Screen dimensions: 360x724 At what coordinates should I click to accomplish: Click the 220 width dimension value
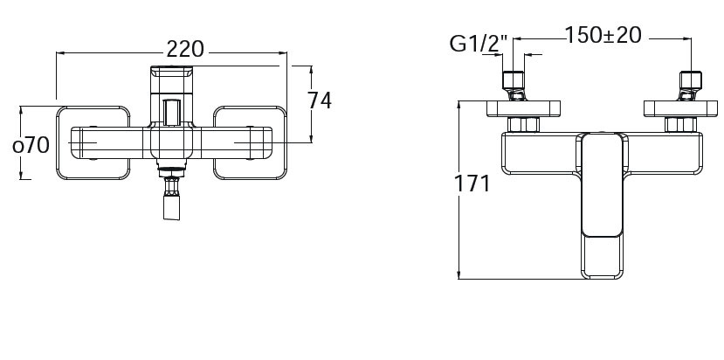point(185,49)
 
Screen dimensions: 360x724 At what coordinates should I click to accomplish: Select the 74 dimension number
point(320,100)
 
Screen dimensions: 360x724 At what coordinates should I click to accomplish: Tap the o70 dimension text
point(31,144)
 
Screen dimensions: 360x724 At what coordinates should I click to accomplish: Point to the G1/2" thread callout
point(479,41)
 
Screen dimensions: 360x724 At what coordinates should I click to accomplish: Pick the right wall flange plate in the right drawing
point(681,108)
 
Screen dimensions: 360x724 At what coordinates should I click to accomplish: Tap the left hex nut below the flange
point(523,124)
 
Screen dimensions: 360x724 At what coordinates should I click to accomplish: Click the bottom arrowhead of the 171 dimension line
point(459,276)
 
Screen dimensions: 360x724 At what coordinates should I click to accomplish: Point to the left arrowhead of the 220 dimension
point(59,52)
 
